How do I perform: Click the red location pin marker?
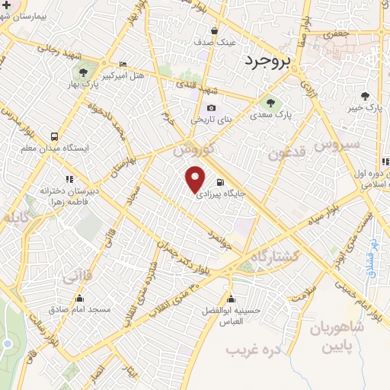tap(197, 178)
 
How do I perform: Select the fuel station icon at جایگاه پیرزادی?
tap(220, 182)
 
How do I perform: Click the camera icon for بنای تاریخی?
tap(211, 107)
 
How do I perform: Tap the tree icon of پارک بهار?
tap(82, 73)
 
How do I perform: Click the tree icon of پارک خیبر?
tap(366, 95)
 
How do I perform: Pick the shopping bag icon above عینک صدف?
tap(215, 31)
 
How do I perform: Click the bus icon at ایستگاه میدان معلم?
tap(53, 134)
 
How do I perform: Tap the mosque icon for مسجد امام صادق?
tap(90, 298)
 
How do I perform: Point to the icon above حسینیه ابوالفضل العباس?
tap(231, 298)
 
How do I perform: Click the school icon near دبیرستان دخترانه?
tap(70, 179)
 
